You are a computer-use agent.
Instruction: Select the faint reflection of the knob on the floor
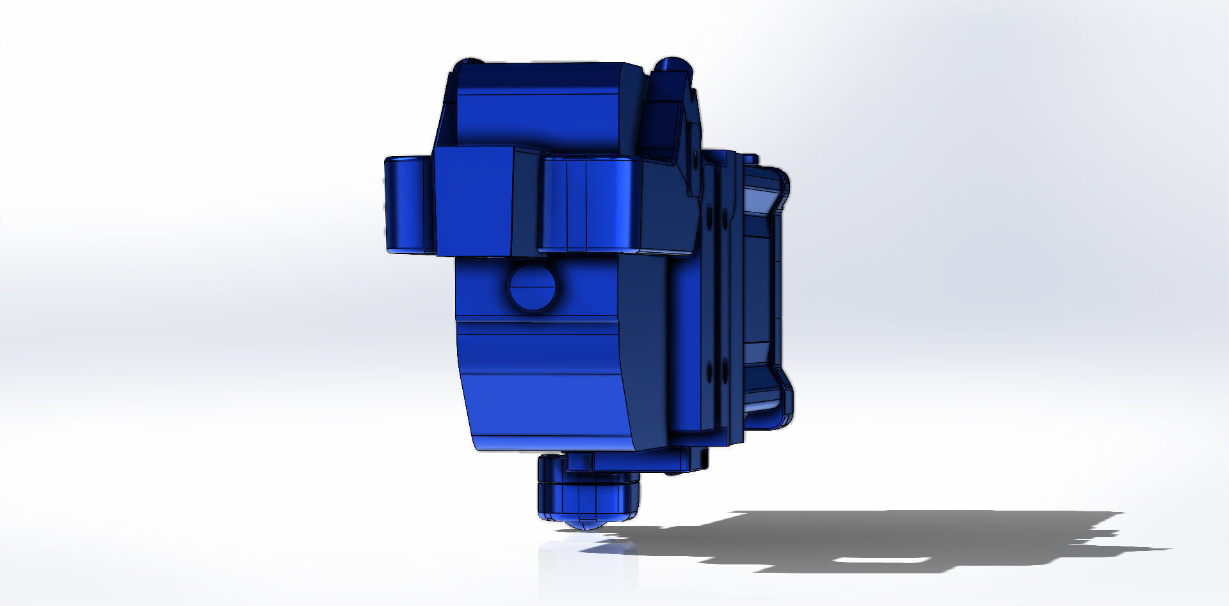tap(586, 563)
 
